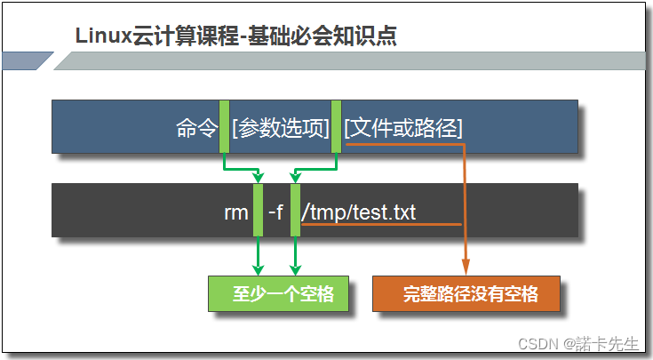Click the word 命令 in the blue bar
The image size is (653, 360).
pos(196,128)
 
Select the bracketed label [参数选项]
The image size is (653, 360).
pos(280,128)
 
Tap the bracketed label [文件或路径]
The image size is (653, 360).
pos(403,128)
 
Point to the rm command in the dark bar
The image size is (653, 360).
pos(236,212)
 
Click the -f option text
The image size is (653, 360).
pos(275,212)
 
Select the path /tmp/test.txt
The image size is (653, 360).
pos(359,212)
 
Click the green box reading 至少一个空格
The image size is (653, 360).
pos(278,294)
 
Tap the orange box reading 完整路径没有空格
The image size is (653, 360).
pos(466,294)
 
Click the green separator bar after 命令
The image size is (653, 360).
pos(225,126)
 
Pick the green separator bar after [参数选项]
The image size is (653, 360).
pos(336,126)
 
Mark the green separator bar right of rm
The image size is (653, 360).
pos(259,211)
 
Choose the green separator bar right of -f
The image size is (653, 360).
pos(296,211)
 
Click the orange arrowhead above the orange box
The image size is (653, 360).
pos(466,267)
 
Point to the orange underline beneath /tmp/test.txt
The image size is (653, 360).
pos(382,225)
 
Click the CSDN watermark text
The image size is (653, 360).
pos(536,343)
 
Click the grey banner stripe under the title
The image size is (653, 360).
pos(355,60)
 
